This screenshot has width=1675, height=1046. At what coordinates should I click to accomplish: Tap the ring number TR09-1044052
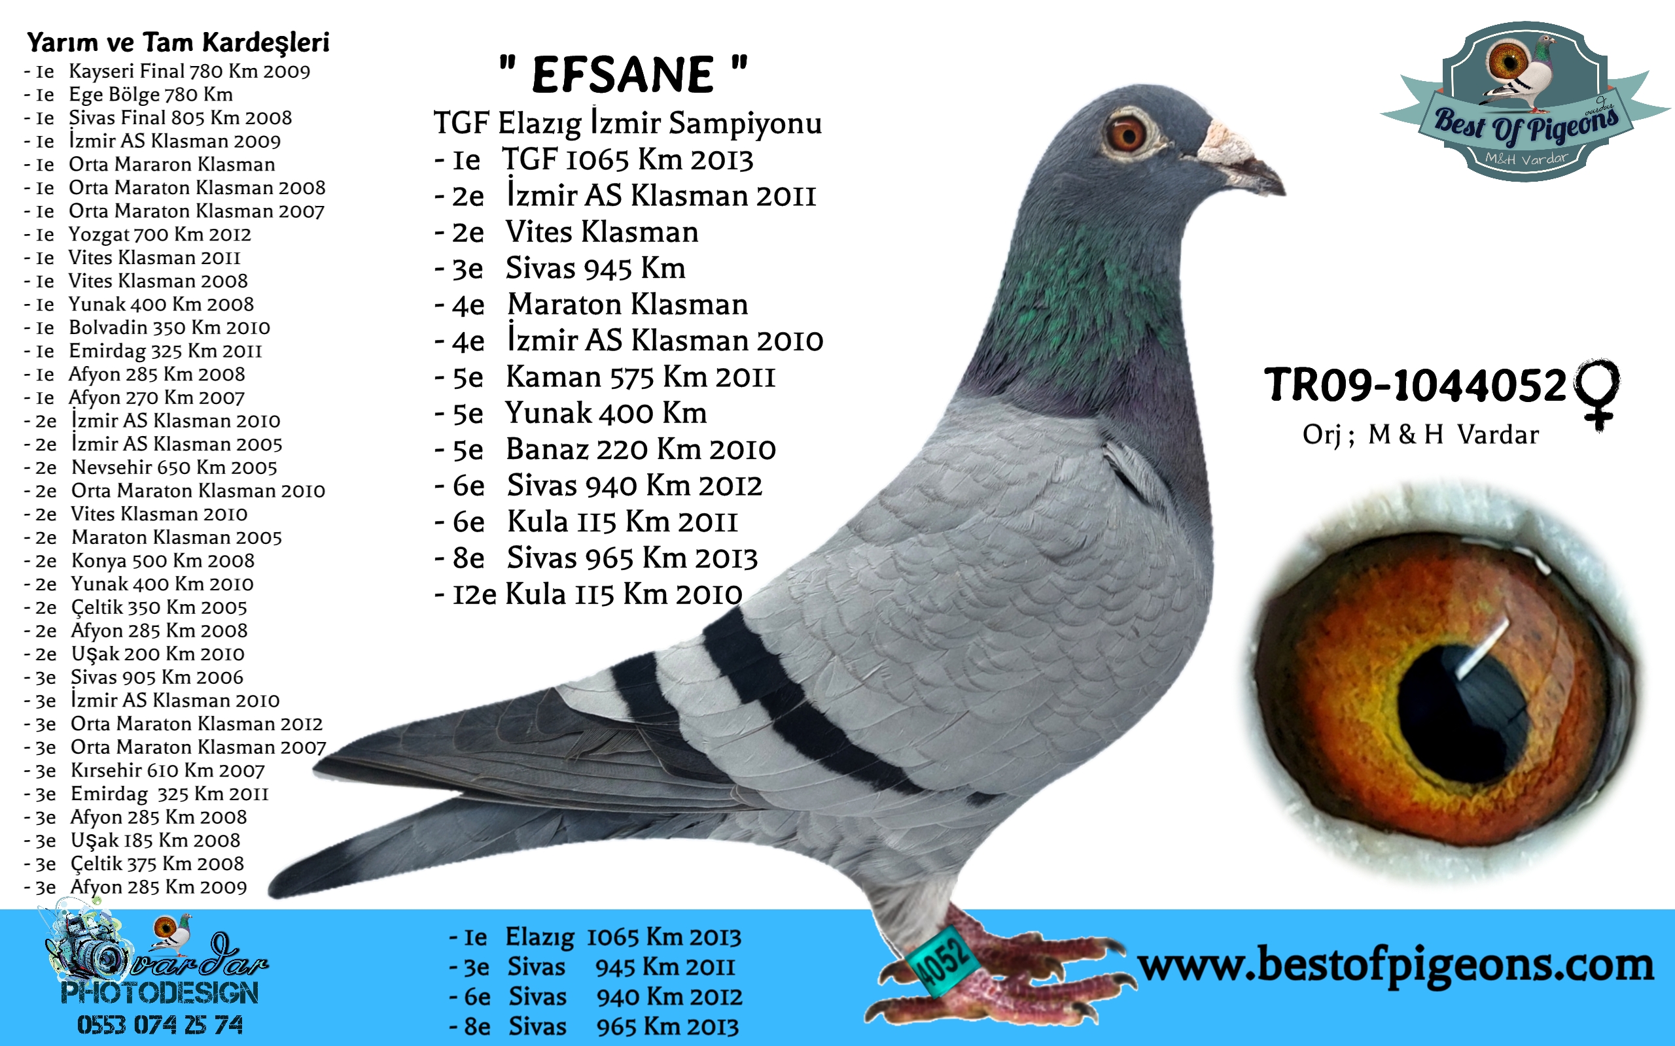(1415, 384)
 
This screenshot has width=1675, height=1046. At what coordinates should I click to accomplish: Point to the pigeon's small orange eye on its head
(1126, 133)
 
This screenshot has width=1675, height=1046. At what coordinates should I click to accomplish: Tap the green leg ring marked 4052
(943, 962)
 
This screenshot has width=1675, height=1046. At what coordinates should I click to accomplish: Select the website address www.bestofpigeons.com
(1396, 966)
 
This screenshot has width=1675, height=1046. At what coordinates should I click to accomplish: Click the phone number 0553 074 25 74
(160, 1024)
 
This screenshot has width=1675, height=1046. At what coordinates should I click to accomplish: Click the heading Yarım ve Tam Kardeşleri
(178, 43)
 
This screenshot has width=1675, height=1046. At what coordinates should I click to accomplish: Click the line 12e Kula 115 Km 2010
(588, 594)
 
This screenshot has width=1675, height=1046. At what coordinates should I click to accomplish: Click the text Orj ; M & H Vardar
(1420, 435)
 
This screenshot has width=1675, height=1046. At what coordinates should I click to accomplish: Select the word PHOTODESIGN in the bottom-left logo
(160, 994)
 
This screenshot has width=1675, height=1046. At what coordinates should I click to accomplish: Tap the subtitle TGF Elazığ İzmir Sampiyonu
(627, 123)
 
